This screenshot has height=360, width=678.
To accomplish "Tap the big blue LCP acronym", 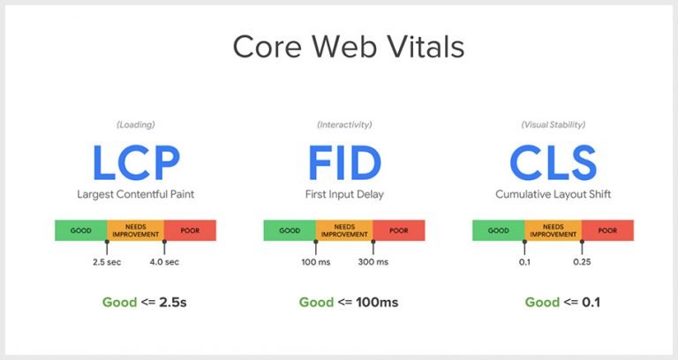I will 135,163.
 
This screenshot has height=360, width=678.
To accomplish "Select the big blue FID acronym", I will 344,163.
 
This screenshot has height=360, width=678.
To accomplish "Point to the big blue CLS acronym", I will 554,163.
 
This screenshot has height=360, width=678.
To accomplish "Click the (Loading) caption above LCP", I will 135,124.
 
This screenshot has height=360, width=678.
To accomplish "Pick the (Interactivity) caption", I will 344,124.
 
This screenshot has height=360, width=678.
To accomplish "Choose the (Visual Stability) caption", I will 554,124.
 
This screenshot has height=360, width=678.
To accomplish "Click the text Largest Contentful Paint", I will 135,192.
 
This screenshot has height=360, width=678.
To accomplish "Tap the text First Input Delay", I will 344,192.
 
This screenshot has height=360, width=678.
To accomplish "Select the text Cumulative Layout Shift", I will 554,192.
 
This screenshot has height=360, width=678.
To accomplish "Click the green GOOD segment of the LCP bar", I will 80,230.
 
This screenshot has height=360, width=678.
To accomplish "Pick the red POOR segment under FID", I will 399,230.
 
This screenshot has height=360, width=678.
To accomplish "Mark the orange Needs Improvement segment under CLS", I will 554,230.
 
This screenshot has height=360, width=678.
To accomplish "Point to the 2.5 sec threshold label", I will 107,262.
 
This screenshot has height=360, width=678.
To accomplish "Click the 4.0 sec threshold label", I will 164,262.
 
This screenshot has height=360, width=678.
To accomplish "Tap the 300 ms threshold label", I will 373,262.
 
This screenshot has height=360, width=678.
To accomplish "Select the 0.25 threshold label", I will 582,262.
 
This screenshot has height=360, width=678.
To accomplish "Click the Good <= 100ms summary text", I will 349,303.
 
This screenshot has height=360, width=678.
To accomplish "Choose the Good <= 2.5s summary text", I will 145,303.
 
